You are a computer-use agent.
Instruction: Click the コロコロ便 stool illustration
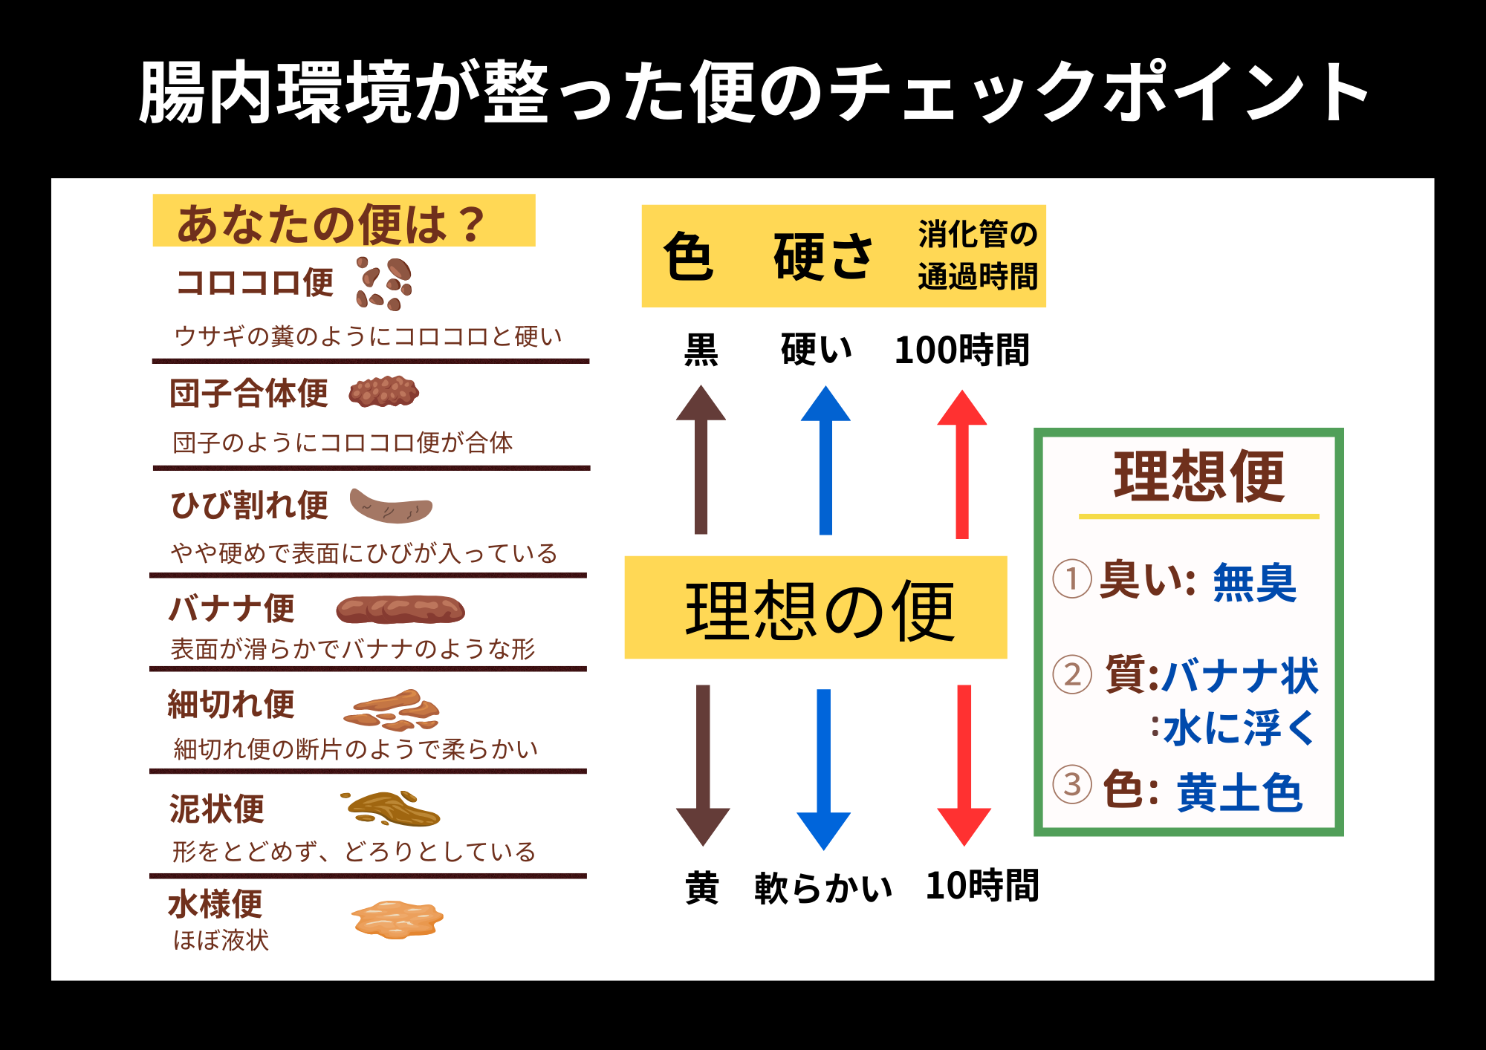pos(384,283)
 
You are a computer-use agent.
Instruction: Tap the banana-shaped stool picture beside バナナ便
pos(400,610)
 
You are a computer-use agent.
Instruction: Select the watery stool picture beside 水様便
pos(397,920)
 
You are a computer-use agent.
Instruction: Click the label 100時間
pos(961,350)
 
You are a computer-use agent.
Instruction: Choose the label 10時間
pos(982,886)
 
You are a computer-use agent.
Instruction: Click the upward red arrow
pos(962,464)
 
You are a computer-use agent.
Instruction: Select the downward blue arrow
pos(824,769)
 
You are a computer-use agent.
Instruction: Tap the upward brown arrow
pos(701,460)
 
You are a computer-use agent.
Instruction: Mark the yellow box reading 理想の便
pos(816,608)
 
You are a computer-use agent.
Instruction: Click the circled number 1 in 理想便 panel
pos(1072,579)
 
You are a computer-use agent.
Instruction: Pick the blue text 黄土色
pos(1239,793)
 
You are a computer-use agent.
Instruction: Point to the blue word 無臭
pos(1254,583)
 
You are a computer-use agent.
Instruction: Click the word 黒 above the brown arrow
pos(701,350)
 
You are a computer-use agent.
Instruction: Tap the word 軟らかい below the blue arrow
pos(823,888)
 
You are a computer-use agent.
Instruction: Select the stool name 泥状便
pos(217,809)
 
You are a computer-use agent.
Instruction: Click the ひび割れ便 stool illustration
pos(391,506)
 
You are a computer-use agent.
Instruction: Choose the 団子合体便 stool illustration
pos(384,392)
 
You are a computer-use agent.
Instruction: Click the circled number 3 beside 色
pos(1072,784)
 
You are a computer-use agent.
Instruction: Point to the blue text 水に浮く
pos(1239,728)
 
